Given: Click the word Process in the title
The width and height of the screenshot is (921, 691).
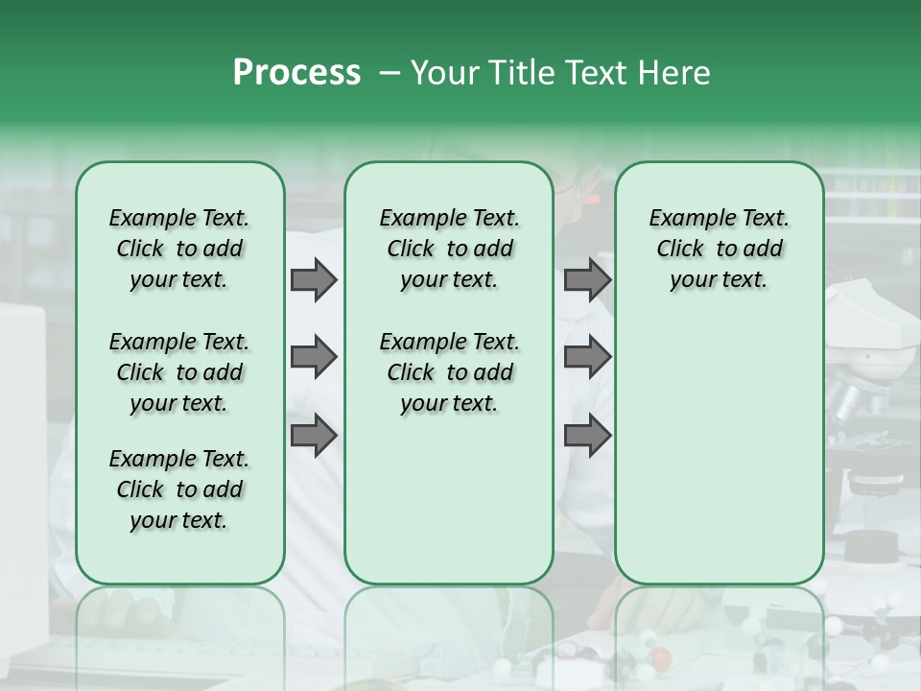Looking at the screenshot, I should click(x=296, y=73).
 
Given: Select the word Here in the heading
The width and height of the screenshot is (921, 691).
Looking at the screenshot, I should click(x=675, y=73).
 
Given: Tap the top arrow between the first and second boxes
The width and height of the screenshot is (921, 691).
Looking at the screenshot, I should click(x=314, y=280).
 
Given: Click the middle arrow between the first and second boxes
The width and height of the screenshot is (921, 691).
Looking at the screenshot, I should click(x=314, y=358).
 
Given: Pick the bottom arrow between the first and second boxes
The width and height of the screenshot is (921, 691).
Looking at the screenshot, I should click(x=314, y=436).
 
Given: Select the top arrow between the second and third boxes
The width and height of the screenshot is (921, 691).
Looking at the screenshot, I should click(x=587, y=280).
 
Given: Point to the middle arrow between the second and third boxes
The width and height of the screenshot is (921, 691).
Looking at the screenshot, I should click(x=587, y=358).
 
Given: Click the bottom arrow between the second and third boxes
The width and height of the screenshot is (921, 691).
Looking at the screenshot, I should click(x=587, y=436).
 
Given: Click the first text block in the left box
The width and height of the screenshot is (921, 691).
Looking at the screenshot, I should click(x=179, y=249).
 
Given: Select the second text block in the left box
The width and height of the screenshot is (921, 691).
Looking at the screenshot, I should click(x=179, y=372).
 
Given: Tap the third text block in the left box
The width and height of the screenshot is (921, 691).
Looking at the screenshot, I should click(x=179, y=489).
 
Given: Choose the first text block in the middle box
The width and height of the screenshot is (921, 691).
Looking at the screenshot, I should click(x=449, y=249).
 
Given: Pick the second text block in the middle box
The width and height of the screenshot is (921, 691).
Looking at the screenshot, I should click(x=449, y=372).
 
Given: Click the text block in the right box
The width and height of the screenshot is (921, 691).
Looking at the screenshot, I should click(x=719, y=249).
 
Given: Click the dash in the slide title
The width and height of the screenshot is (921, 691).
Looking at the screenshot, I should click(x=390, y=73).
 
